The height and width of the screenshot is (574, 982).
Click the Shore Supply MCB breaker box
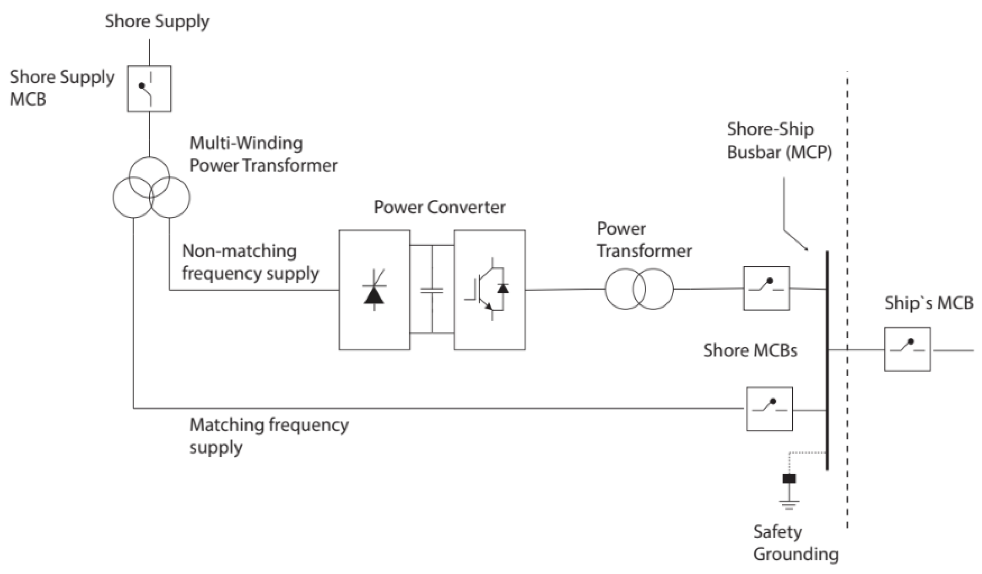click(149, 89)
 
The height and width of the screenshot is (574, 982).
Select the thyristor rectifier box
click(374, 290)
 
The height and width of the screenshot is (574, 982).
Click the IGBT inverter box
click(489, 290)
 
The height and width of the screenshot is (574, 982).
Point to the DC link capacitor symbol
click(432, 290)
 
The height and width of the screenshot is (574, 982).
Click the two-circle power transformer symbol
click(639, 289)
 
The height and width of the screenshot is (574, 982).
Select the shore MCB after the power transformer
click(766, 288)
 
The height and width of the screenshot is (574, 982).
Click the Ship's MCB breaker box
click(907, 349)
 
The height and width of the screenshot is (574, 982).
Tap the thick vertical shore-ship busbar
click(827, 361)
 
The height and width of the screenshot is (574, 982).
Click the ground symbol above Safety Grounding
click(789, 505)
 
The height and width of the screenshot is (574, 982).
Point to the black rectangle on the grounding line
click(789, 478)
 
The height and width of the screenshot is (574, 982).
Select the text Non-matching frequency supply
click(250, 262)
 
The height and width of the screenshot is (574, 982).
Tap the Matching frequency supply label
click(269, 436)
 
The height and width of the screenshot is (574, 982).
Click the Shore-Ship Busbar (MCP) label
click(780, 141)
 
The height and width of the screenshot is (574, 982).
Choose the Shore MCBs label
click(750, 350)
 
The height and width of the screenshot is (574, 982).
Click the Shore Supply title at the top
click(157, 21)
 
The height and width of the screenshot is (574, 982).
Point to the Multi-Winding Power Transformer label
click(263, 154)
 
